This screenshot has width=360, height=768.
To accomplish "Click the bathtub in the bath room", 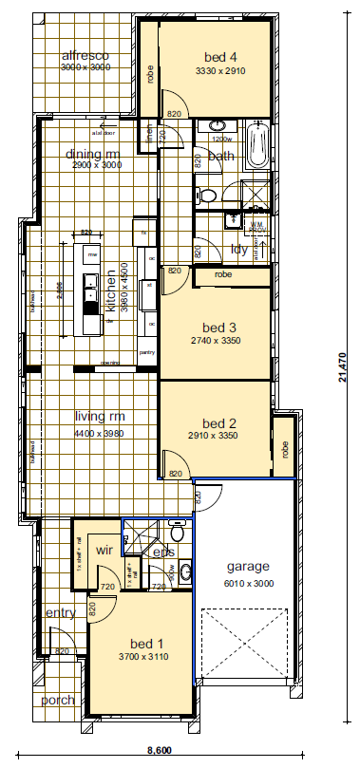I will click(256, 147).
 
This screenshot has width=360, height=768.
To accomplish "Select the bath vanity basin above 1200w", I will click(218, 126).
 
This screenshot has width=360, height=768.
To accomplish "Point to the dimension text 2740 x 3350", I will click(214, 340).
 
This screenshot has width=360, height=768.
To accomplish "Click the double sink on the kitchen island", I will click(91, 284).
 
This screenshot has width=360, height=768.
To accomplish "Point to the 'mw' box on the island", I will click(92, 255).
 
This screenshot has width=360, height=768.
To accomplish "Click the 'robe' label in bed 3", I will click(222, 274).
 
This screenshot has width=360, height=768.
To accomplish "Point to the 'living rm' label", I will click(100, 416).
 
